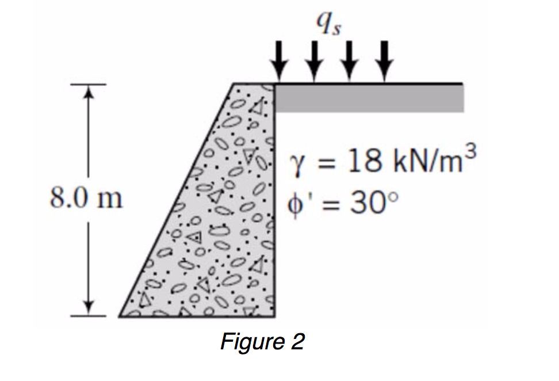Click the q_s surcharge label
click(330, 24)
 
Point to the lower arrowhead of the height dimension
click(87, 306)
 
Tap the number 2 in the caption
click(296, 342)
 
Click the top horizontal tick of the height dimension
click(87, 85)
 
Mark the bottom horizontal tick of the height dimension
click(87, 315)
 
